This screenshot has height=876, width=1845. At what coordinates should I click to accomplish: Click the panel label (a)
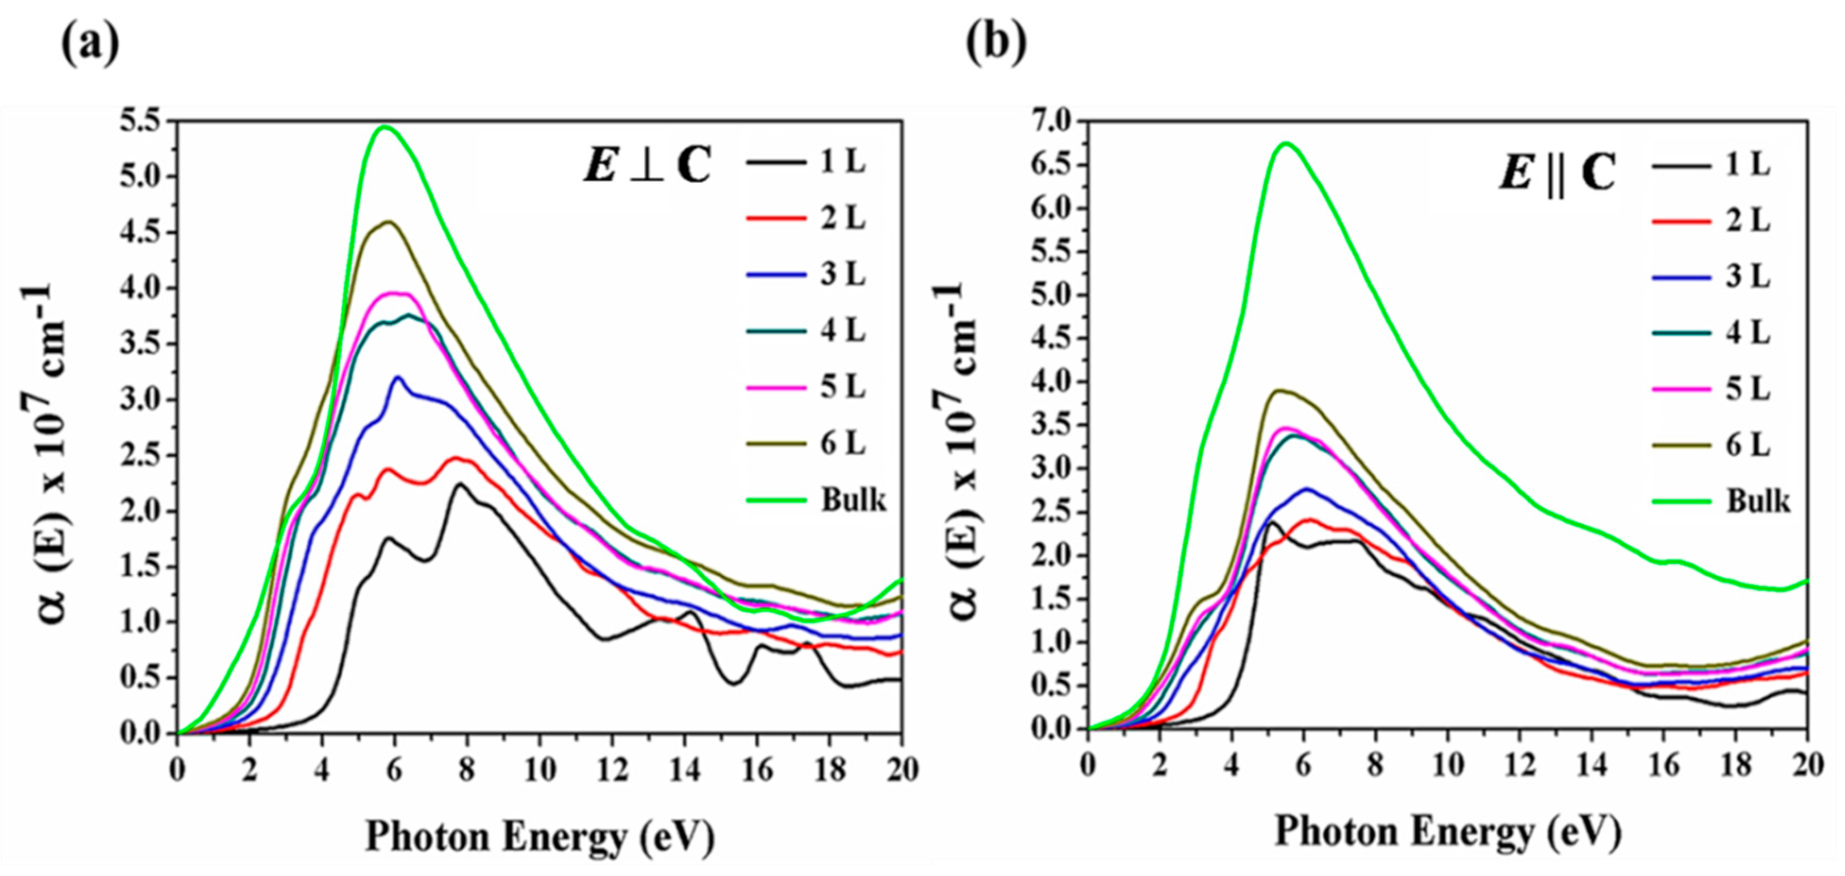click(x=90, y=45)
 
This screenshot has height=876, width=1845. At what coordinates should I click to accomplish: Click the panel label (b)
click(x=996, y=45)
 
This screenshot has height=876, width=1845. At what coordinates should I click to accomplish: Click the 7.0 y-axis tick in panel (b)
click(x=1053, y=123)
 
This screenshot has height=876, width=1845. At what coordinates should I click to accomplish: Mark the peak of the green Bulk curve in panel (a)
click(x=385, y=127)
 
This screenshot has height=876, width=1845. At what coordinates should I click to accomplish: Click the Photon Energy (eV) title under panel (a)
click(x=540, y=836)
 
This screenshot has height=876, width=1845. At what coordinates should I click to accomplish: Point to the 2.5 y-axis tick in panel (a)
click(x=143, y=455)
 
